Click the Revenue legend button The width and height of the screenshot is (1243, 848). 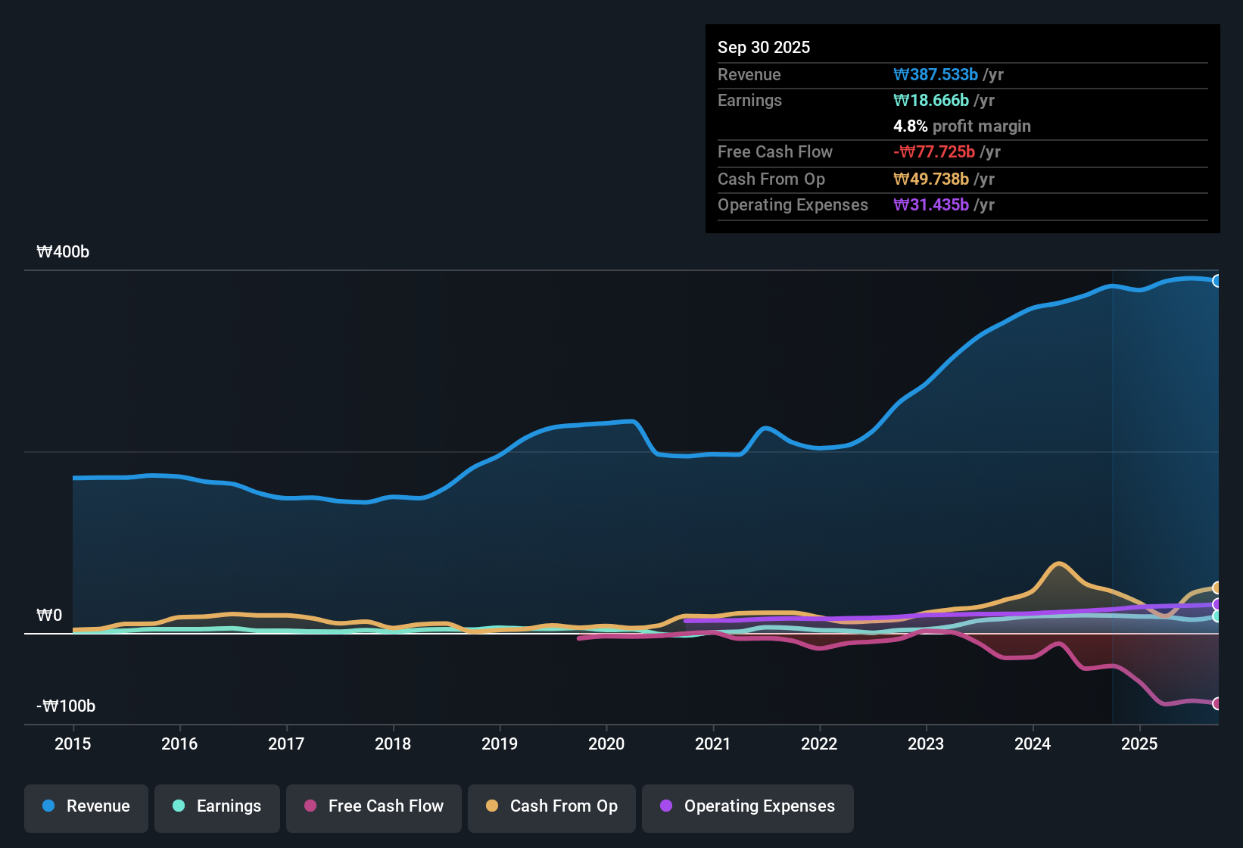coord(86,807)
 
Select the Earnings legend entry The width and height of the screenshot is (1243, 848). coord(217,807)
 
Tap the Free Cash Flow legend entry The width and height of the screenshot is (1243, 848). coord(374,807)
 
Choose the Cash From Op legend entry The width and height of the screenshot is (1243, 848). coord(552,807)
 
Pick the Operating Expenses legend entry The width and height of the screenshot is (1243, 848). coord(748,807)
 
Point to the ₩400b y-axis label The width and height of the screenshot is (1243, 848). coord(63,252)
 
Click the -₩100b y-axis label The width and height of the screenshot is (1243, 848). coord(66,706)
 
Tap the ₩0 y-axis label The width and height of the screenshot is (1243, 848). coord(49,616)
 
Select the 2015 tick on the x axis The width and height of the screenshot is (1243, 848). coord(73,744)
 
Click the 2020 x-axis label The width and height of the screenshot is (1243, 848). coord(606,744)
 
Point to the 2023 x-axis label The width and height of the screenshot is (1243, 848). coord(926,744)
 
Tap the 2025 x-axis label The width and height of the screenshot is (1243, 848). coord(1139,744)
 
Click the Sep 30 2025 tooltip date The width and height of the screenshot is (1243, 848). coord(764,48)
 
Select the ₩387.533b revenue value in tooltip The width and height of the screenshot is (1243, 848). coord(936,75)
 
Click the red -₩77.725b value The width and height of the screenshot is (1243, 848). coord(934,152)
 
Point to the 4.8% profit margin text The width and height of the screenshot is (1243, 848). coord(962,126)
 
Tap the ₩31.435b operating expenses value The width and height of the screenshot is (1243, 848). coord(931,205)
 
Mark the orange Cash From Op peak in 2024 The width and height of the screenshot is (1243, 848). coord(1058,563)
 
